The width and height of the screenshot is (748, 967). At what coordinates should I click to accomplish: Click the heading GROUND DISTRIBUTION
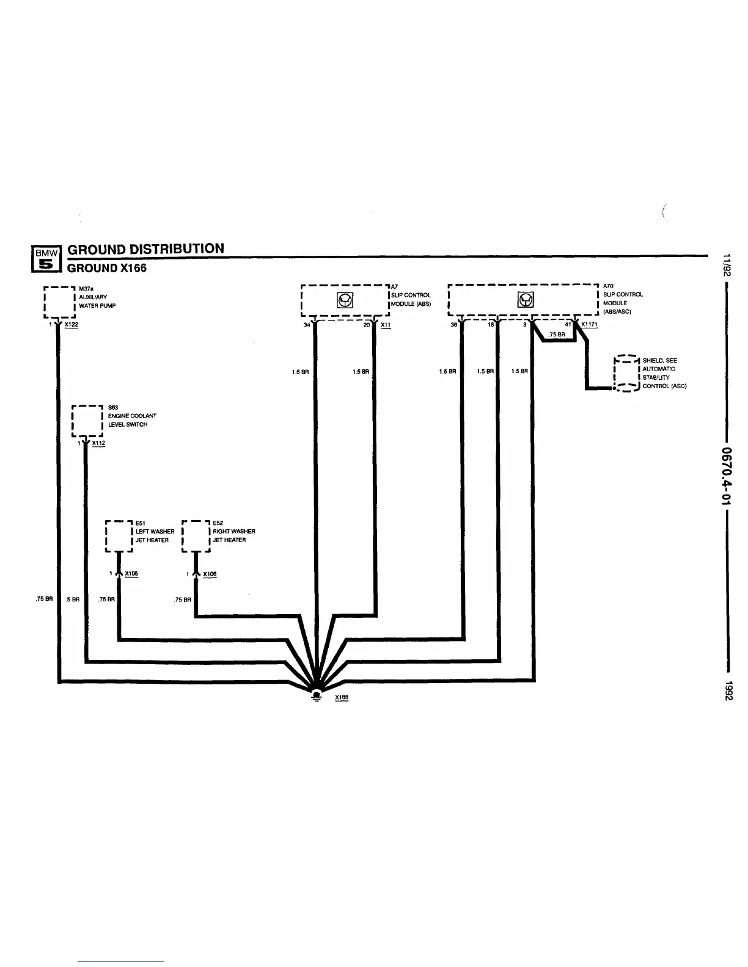pyautogui.click(x=145, y=248)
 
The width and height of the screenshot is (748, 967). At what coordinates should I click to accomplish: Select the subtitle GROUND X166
pyautogui.click(x=107, y=267)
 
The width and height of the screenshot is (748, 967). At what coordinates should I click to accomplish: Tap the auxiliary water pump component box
pyautogui.click(x=59, y=302)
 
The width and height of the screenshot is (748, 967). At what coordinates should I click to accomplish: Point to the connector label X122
pyautogui.click(x=71, y=325)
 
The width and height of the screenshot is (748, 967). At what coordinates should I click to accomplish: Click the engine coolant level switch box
pyautogui.click(x=87, y=421)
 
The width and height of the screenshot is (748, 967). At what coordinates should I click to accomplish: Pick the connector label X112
pyautogui.click(x=98, y=444)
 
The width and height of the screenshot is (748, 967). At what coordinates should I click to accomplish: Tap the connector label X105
pyautogui.click(x=131, y=574)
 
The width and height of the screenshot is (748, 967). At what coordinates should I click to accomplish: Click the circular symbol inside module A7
pyautogui.click(x=345, y=300)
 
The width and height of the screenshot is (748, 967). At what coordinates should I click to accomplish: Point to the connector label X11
pyautogui.click(x=386, y=325)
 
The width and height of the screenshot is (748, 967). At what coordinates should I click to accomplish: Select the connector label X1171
pyautogui.click(x=589, y=325)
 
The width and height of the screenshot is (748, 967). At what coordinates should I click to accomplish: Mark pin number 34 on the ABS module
pyautogui.click(x=307, y=325)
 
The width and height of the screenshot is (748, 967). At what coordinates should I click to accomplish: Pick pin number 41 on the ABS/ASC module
pyautogui.click(x=568, y=325)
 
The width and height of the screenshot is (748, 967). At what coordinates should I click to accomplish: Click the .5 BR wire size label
pyautogui.click(x=73, y=599)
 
